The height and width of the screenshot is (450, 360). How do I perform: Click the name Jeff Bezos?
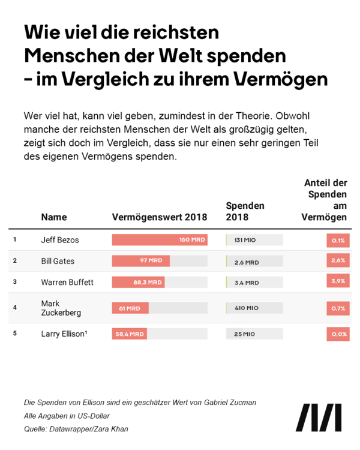click(60, 240)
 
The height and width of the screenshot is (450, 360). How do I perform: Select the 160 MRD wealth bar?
click(160, 240)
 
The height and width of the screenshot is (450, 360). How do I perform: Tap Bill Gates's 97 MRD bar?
click(141, 261)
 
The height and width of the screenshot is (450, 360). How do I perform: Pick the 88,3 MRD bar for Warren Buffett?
click(138, 282)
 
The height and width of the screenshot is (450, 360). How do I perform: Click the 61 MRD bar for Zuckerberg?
click(130, 308)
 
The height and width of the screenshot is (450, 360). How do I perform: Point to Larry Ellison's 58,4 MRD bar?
click(129, 334)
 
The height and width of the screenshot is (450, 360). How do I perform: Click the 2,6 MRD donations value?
click(247, 262)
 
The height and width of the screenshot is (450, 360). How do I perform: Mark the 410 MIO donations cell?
click(247, 308)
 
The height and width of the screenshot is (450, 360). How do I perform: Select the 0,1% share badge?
click(338, 240)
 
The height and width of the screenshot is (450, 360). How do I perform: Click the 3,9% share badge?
click(338, 282)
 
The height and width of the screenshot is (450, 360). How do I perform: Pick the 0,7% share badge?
click(338, 308)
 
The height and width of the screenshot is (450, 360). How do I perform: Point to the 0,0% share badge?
click(338, 334)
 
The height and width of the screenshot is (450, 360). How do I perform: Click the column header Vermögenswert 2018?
click(160, 217)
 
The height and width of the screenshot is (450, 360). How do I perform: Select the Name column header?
click(54, 217)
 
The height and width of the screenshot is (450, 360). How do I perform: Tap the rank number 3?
click(15, 281)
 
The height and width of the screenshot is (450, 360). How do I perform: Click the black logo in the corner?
click(322, 418)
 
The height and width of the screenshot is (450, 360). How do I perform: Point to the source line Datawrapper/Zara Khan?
click(76, 428)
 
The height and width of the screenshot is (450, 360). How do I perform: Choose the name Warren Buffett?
click(67, 282)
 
